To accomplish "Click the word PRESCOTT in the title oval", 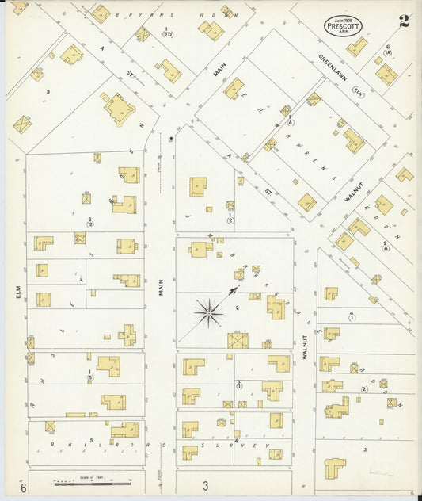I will (x=344, y=26).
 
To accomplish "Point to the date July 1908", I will (x=344, y=18).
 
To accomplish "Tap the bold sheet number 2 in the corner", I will (x=404, y=21).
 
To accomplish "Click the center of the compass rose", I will (x=208, y=313).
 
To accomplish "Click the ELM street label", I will (x=16, y=293).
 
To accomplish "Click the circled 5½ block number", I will (x=167, y=34).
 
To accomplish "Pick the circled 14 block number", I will (x=388, y=52).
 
